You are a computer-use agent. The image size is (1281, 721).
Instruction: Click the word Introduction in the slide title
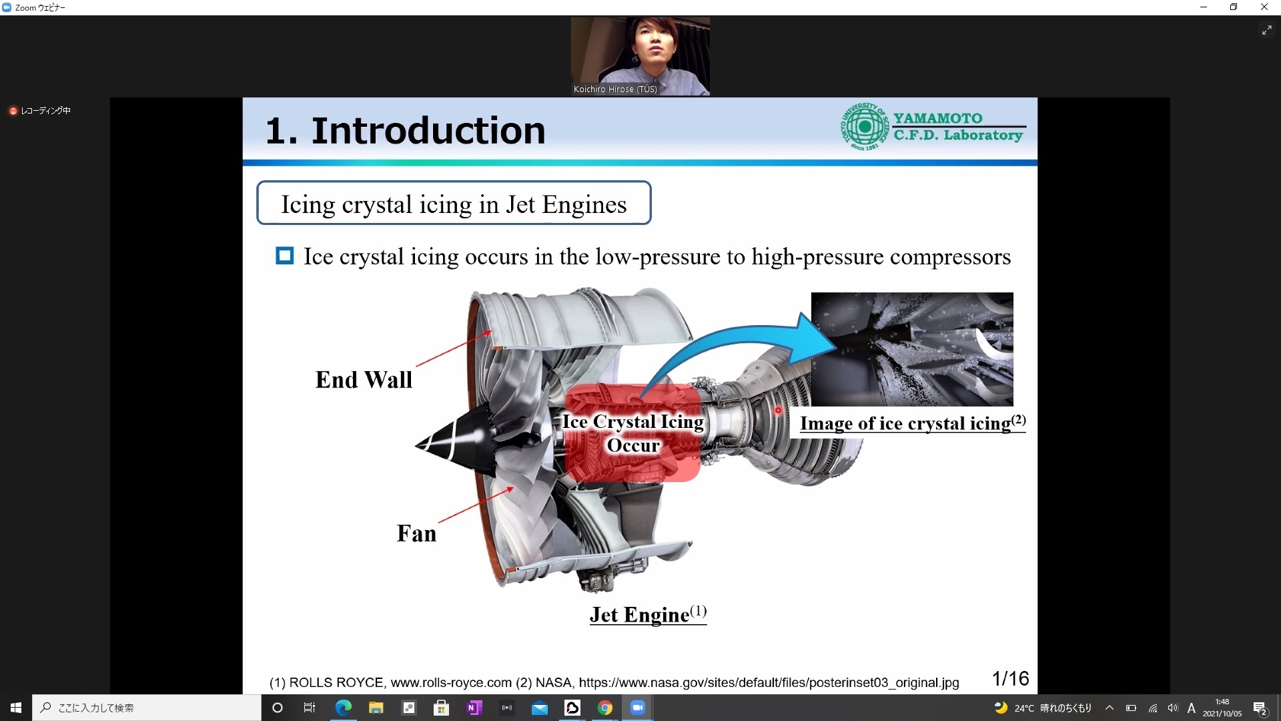click(428, 130)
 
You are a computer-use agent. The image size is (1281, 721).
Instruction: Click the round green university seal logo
click(865, 126)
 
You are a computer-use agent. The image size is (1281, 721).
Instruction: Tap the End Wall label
click(364, 380)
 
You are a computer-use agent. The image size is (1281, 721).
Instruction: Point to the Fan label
click(416, 533)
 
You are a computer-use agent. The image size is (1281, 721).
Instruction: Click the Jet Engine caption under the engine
click(648, 614)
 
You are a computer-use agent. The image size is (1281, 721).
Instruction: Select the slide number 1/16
click(1010, 678)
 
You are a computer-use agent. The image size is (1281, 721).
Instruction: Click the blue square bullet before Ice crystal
click(285, 256)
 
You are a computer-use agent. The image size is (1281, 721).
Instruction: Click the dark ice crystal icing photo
click(912, 349)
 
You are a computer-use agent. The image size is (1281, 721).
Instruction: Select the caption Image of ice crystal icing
click(913, 423)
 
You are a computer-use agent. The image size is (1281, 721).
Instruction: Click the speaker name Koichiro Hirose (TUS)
click(615, 89)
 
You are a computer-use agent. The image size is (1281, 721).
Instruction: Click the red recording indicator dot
click(13, 111)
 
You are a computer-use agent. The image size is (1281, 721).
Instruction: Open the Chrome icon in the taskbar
click(605, 708)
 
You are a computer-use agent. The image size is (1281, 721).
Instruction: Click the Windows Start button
click(16, 708)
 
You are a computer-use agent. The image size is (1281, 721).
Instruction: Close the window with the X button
click(1264, 7)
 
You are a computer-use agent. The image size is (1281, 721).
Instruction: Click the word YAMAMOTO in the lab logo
click(938, 118)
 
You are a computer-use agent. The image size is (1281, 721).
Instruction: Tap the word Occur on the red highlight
click(633, 445)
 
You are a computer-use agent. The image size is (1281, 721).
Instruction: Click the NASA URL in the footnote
click(769, 682)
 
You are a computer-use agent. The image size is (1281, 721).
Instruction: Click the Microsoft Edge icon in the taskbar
click(344, 708)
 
